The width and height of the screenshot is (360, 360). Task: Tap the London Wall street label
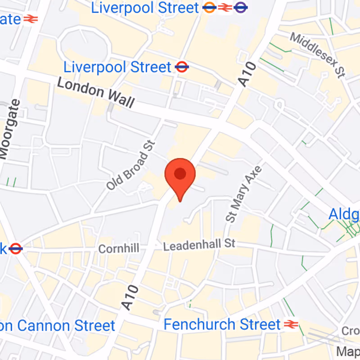click(x=96, y=93)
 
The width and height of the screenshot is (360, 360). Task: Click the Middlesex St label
click(x=319, y=54)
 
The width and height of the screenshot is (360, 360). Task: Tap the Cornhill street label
click(x=118, y=248)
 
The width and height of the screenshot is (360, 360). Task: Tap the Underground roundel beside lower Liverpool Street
click(x=182, y=67)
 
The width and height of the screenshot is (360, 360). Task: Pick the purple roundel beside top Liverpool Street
click(x=241, y=7)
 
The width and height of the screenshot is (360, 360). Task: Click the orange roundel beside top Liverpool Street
click(x=209, y=7)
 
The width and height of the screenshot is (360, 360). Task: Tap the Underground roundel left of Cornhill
click(x=15, y=248)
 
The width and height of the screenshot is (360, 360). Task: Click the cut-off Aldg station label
click(x=344, y=214)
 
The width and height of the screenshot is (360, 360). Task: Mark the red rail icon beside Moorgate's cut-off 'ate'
click(x=30, y=19)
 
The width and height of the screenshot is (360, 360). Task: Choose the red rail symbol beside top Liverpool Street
click(x=225, y=7)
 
